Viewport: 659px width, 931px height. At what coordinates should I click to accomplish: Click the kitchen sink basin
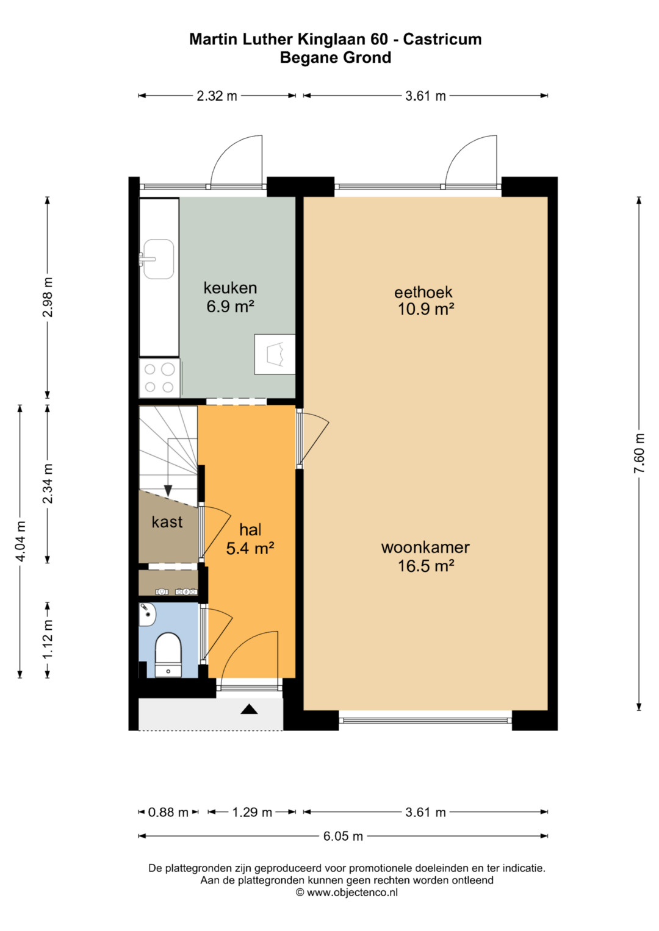tap(159, 259)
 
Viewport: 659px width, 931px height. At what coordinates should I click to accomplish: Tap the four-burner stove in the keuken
tap(159, 378)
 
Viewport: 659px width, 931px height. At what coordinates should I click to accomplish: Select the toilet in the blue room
tap(168, 655)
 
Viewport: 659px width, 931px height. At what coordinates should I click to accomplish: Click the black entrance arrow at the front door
tap(249, 709)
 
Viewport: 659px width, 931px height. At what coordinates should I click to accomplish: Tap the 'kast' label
tap(167, 522)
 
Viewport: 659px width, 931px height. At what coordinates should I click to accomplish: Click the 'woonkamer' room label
tap(425, 548)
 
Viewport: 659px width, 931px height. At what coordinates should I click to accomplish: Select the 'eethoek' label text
tap(423, 292)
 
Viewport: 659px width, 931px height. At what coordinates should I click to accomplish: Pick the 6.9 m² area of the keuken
tap(231, 307)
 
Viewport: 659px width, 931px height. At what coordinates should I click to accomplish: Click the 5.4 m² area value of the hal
tap(250, 549)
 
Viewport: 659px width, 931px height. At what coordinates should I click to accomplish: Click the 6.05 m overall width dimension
tap(343, 836)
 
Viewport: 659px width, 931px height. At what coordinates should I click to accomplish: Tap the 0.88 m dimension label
tap(168, 812)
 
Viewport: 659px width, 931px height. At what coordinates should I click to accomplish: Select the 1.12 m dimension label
tap(48, 639)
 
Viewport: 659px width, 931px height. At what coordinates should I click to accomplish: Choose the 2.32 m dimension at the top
tap(217, 96)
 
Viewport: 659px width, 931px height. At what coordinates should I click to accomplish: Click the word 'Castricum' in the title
tap(442, 39)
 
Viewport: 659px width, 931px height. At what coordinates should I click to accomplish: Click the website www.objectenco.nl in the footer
tap(352, 893)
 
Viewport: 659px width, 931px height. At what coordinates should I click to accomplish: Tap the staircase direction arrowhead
tap(168, 491)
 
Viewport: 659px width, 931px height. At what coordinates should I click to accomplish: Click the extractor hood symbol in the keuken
tap(275, 354)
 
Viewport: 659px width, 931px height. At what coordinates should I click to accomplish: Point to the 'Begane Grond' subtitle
tap(336, 57)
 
